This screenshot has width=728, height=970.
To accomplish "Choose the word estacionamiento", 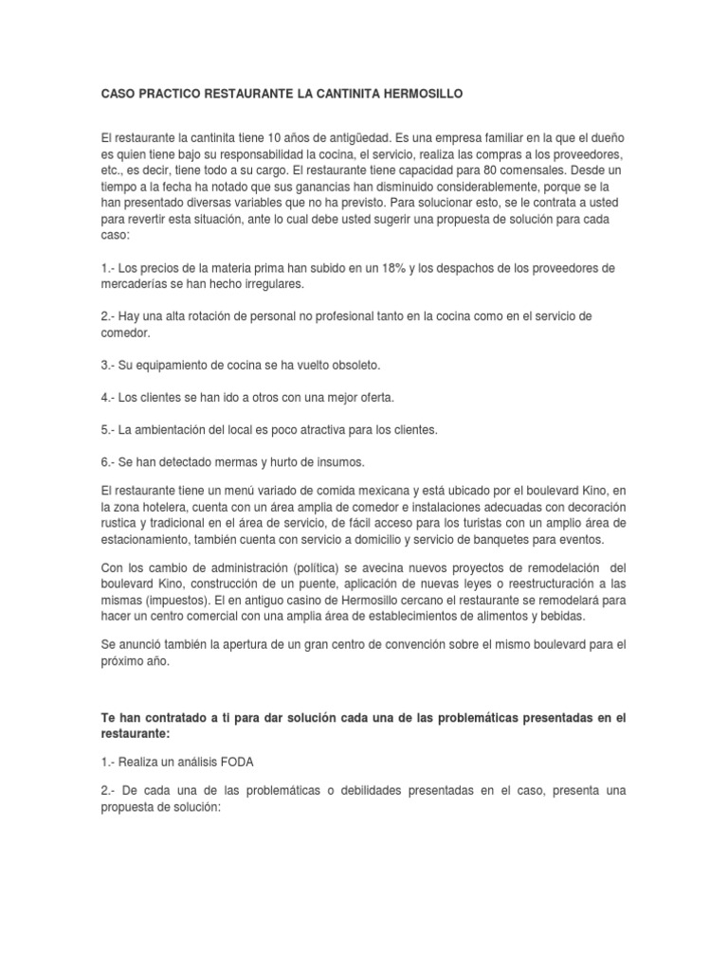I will click(155, 539).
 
